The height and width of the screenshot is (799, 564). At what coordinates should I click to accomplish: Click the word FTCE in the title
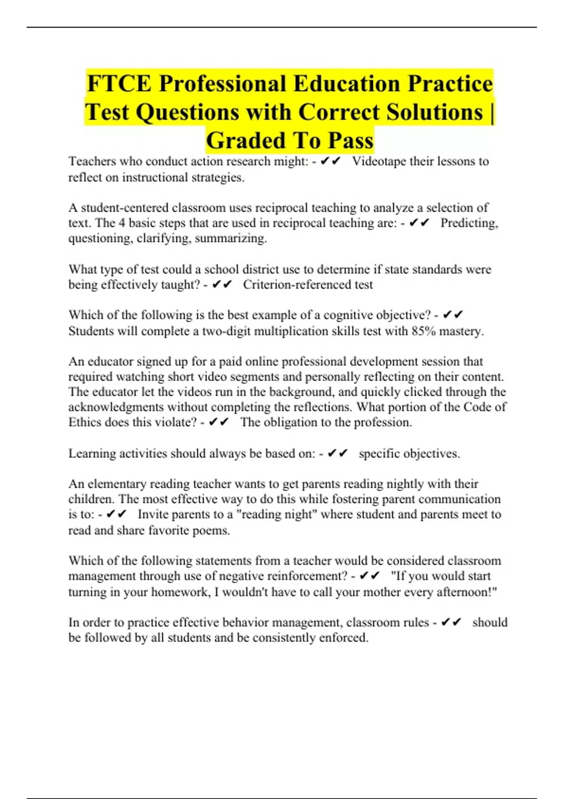[x=119, y=84]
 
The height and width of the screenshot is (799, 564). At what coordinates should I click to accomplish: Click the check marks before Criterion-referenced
[x=222, y=285]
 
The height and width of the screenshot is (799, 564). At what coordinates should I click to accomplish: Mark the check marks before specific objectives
[x=337, y=454]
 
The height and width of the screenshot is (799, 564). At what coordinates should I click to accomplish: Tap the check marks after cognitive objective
[x=453, y=315]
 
